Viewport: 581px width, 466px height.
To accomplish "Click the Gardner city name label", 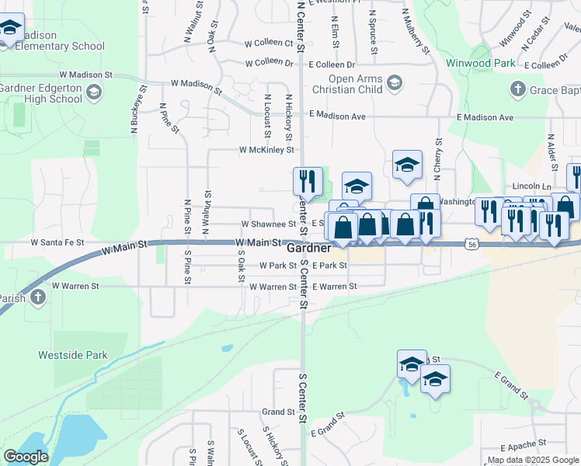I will [309, 249].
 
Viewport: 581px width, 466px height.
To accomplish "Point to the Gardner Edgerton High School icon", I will [94, 93].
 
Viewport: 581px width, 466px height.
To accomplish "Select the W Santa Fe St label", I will [57, 242].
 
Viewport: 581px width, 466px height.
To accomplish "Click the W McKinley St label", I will [266, 149].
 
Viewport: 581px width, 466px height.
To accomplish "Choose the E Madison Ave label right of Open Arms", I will [485, 117].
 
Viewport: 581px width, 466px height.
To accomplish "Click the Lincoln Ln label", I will [532, 187].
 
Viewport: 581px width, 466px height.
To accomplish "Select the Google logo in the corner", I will [26, 457].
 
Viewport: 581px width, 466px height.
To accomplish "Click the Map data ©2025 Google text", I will [533, 461].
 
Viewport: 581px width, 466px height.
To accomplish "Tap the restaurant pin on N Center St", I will [308, 182].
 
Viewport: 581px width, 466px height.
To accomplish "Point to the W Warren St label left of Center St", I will [273, 287].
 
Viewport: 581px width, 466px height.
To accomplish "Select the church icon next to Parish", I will [37, 297].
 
